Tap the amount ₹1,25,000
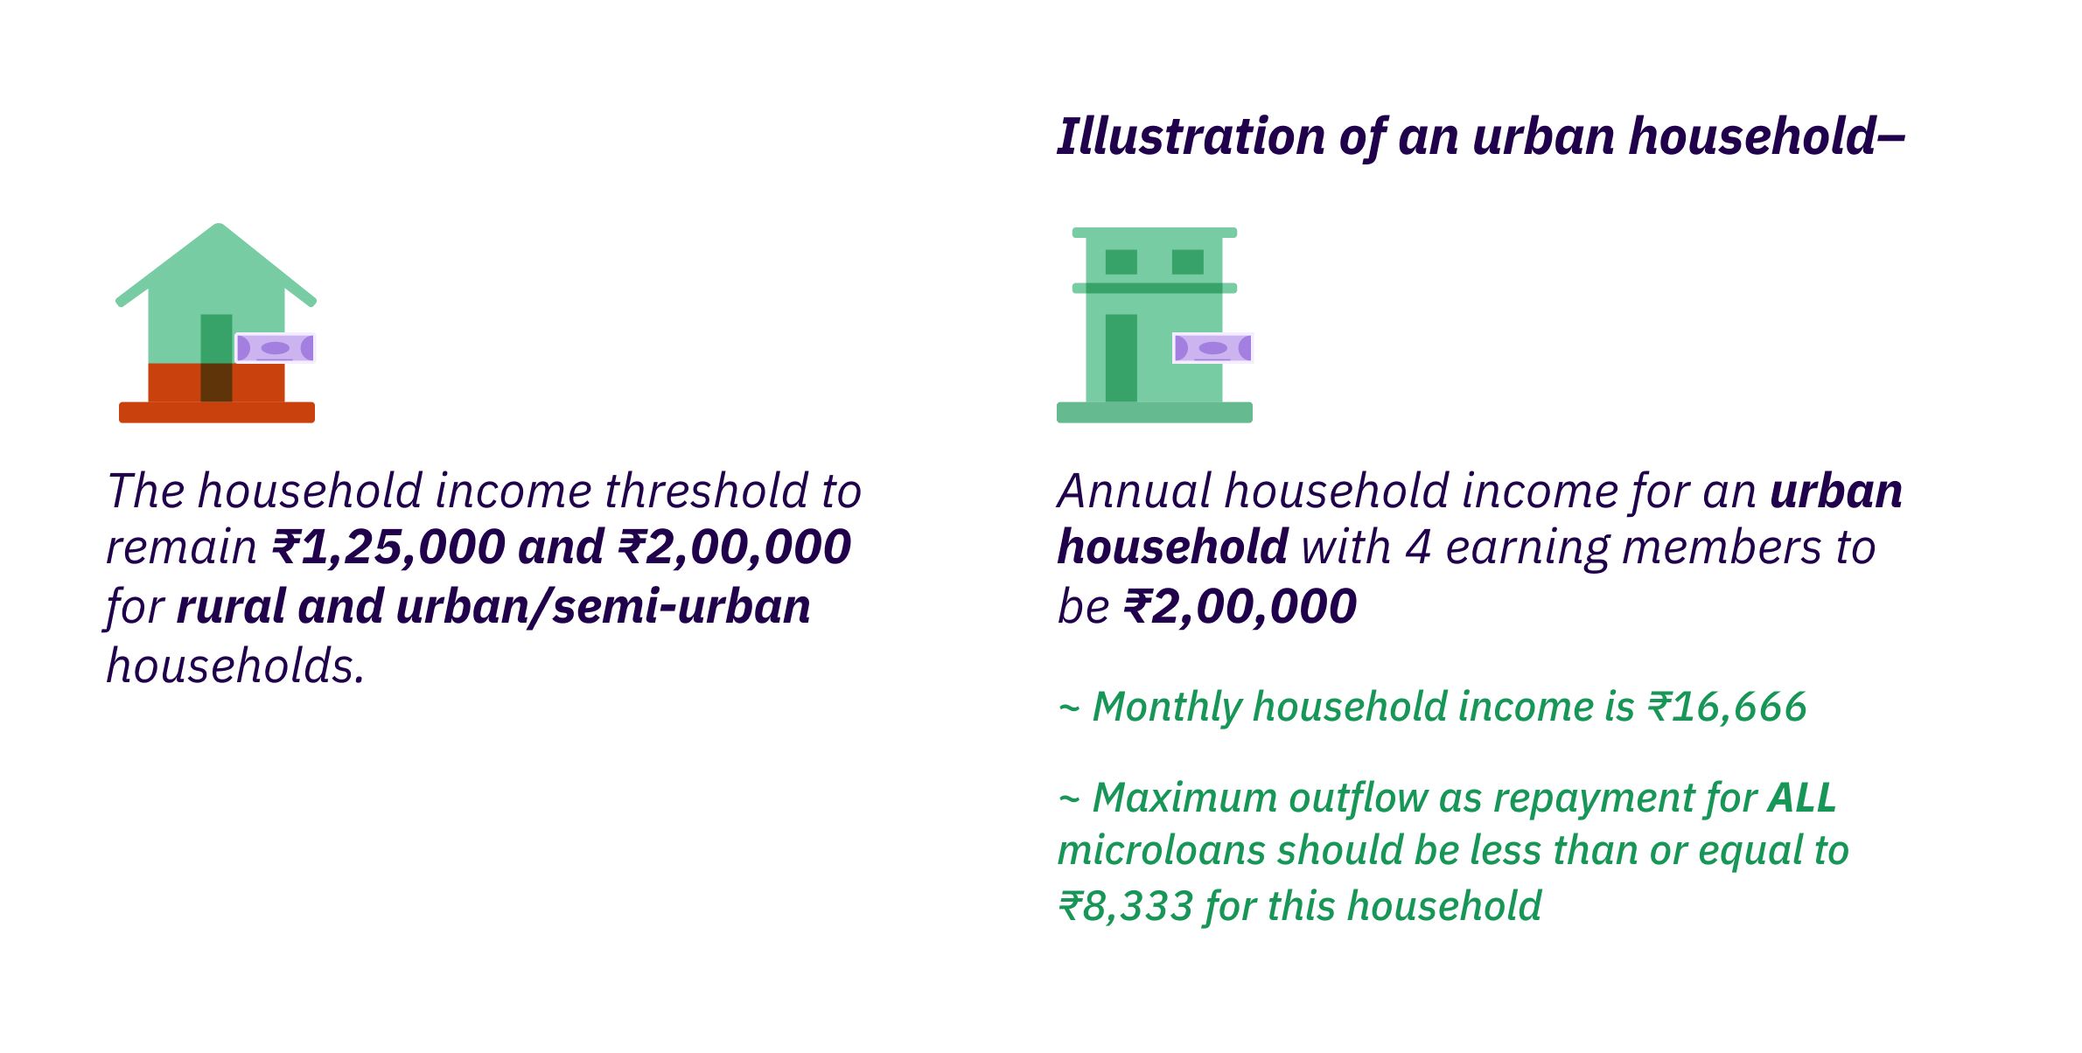click(388, 547)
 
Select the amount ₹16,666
click(1727, 707)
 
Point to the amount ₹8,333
click(1126, 906)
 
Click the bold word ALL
click(1802, 798)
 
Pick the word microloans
click(1162, 851)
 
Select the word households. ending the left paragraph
click(235, 666)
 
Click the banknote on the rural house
click(275, 348)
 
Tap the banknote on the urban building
click(1212, 348)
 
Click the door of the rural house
click(216, 358)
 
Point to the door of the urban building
click(1121, 358)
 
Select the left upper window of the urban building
click(1121, 262)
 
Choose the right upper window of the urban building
click(1188, 262)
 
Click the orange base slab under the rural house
click(217, 413)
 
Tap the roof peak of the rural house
click(218, 227)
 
